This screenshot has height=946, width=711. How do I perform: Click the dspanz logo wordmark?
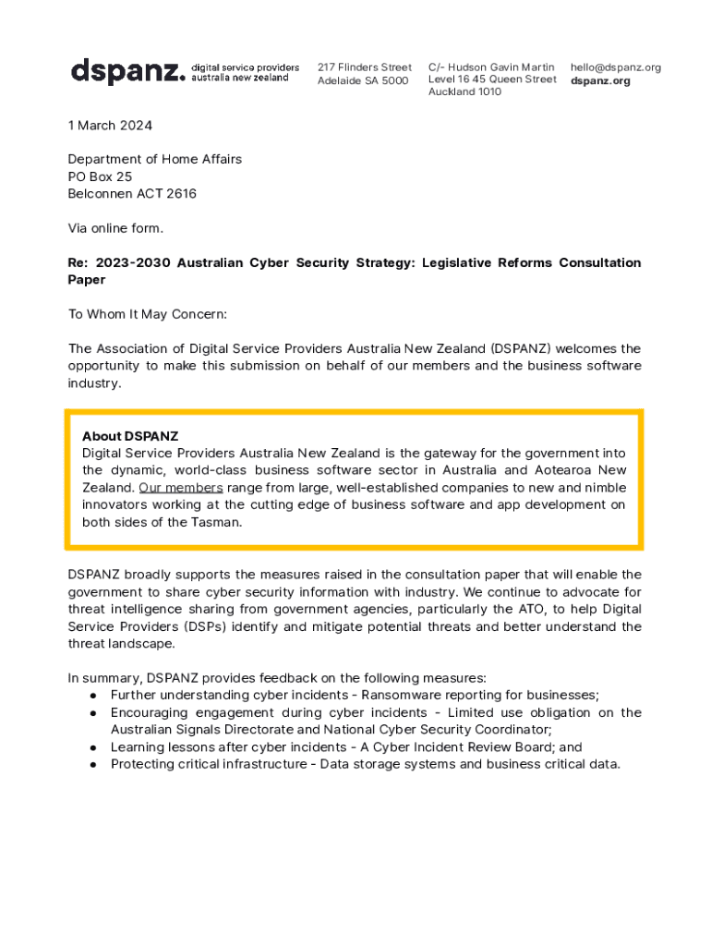(x=128, y=71)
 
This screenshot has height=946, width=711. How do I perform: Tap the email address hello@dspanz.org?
(x=616, y=67)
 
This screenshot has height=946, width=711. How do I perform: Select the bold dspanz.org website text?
(x=600, y=80)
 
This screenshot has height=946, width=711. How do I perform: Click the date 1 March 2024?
(x=110, y=126)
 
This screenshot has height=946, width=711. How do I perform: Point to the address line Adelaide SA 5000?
(x=363, y=80)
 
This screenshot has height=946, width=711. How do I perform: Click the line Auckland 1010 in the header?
(x=464, y=92)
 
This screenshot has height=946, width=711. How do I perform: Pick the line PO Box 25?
(x=100, y=176)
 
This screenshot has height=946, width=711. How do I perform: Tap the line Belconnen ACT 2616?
(x=132, y=194)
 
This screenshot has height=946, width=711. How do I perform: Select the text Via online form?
(x=115, y=228)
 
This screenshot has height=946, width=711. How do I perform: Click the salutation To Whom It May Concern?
(x=148, y=314)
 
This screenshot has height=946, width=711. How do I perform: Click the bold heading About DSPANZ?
(x=130, y=436)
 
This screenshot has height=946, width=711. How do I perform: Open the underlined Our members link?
(x=181, y=487)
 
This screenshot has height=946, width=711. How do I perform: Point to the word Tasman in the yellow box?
(x=222, y=522)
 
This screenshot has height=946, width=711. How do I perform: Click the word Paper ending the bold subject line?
(x=87, y=280)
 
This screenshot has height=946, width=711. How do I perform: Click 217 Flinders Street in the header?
(x=365, y=67)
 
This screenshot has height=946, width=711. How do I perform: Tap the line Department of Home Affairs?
(x=155, y=160)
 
